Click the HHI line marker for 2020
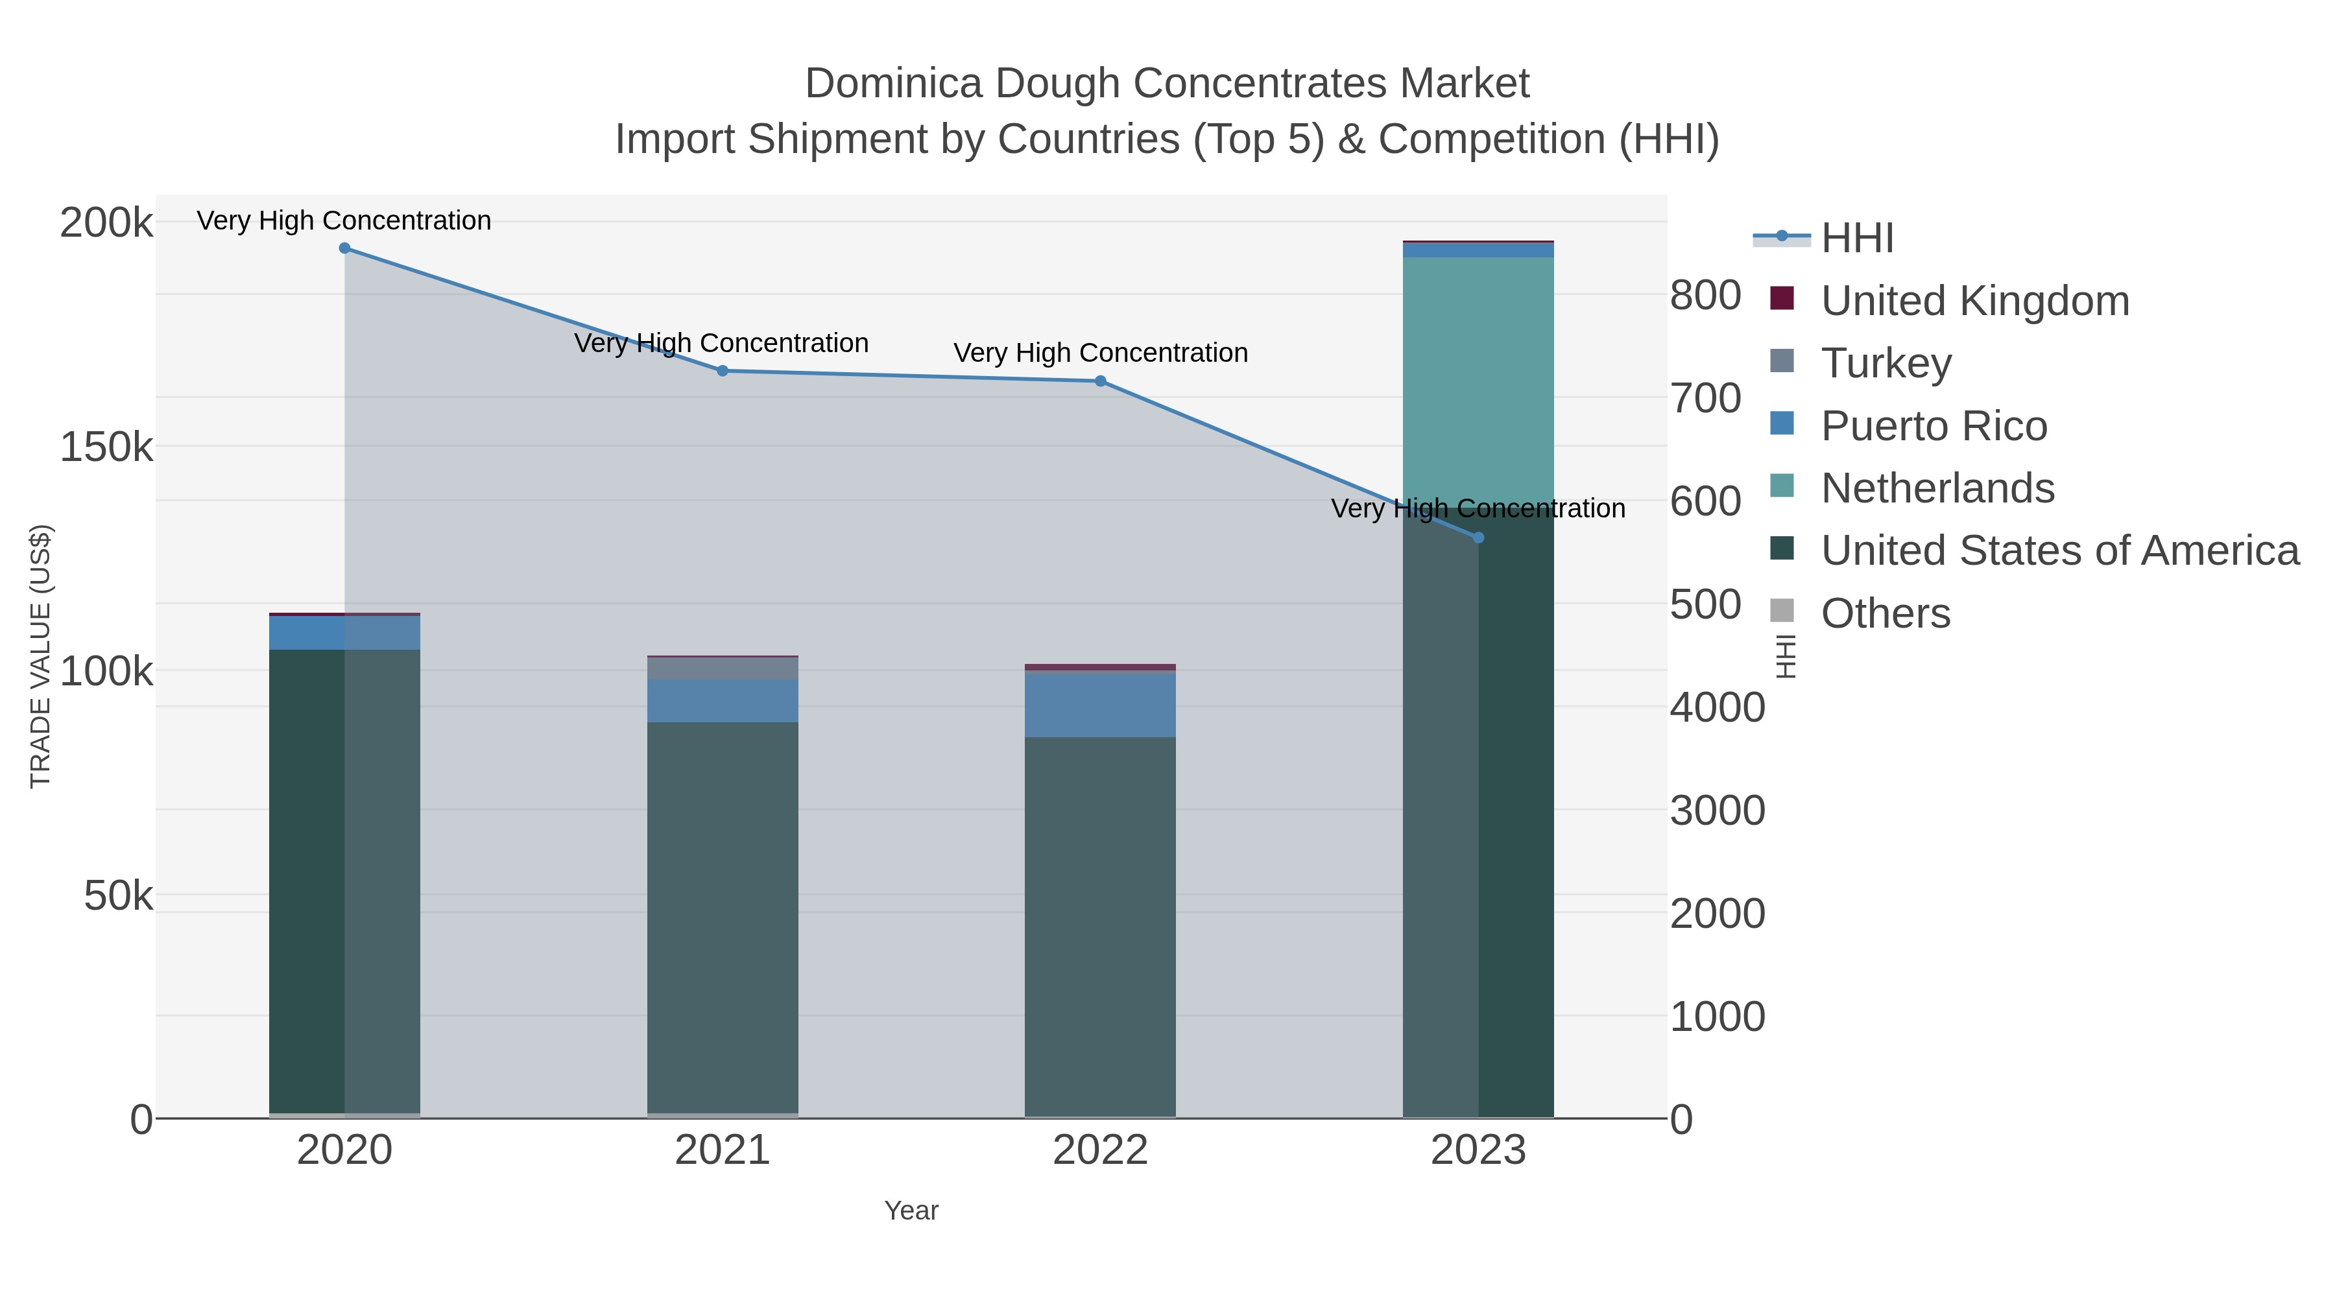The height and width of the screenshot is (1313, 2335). [344, 248]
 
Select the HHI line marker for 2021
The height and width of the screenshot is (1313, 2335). [723, 371]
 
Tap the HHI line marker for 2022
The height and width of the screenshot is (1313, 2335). [1101, 381]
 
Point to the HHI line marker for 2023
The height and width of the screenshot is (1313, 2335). [1478, 538]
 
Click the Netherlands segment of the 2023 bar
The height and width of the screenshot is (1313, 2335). [1478, 381]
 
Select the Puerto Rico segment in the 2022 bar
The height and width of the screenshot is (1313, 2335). [1101, 705]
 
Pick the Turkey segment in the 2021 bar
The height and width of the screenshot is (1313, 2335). [723, 668]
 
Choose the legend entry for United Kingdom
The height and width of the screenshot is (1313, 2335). [1974, 301]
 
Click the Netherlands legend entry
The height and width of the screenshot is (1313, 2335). [1937, 488]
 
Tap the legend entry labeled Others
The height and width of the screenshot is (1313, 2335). [1886, 613]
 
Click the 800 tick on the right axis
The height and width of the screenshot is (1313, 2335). [1705, 296]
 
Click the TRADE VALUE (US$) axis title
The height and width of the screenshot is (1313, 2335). [41, 656]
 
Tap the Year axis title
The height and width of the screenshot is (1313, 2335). [911, 1211]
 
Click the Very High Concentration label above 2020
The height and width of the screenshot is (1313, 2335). [344, 220]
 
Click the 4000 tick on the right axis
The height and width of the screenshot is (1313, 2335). [1717, 707]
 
